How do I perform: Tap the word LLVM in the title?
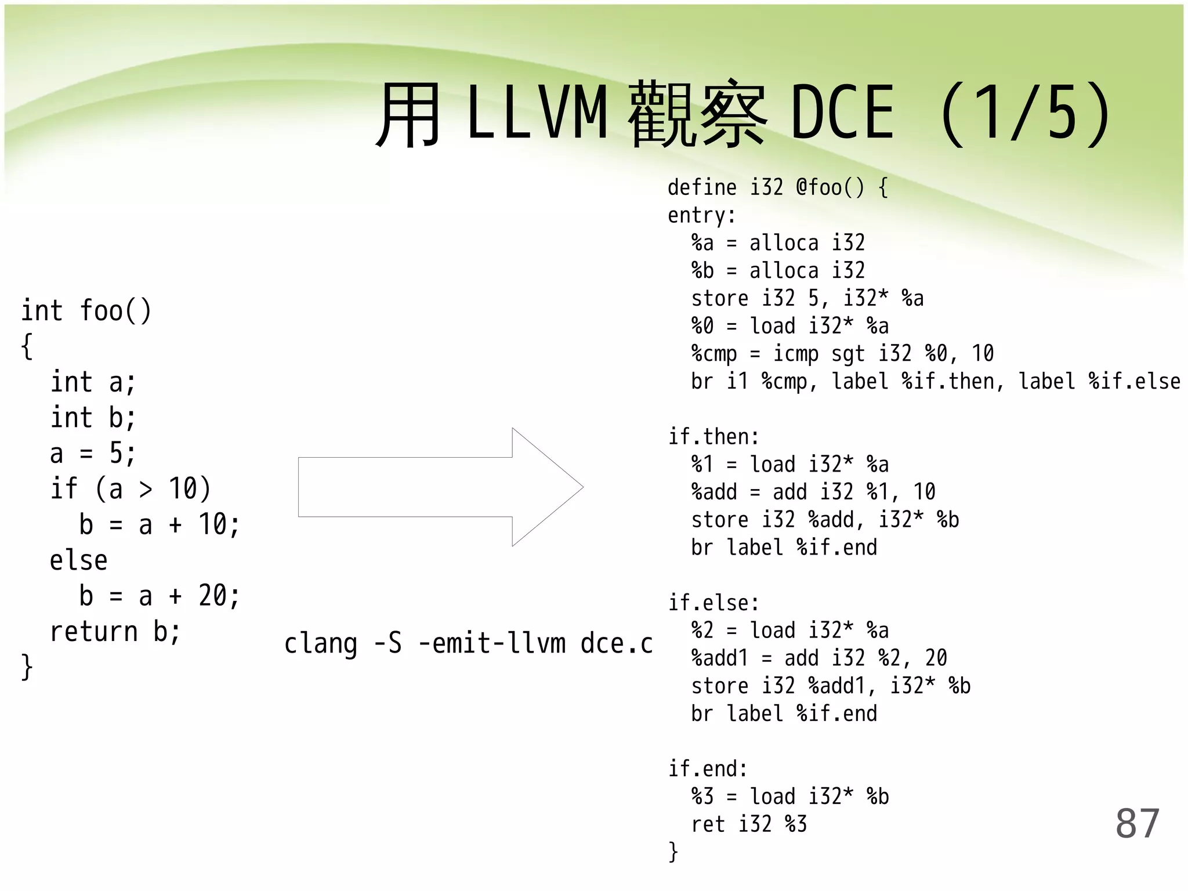(537, 113)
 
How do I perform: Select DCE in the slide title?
(842, 113)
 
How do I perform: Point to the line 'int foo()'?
(86, 311)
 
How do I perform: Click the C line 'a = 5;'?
(93, 454)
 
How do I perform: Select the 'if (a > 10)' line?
(131, 489)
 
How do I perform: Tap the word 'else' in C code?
(78, 561)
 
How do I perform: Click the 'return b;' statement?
(115, 632)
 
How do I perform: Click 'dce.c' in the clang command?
(617, 643)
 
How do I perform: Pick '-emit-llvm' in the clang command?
(492, 643)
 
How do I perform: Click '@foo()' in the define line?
(830, 187)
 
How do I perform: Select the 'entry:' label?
(701, 216)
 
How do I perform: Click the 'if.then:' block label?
(713, 437)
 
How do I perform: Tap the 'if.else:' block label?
(713, 603)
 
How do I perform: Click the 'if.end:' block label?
(708, 769)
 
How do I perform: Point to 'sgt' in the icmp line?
(847, 354)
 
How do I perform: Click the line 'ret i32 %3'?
(748, 824)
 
